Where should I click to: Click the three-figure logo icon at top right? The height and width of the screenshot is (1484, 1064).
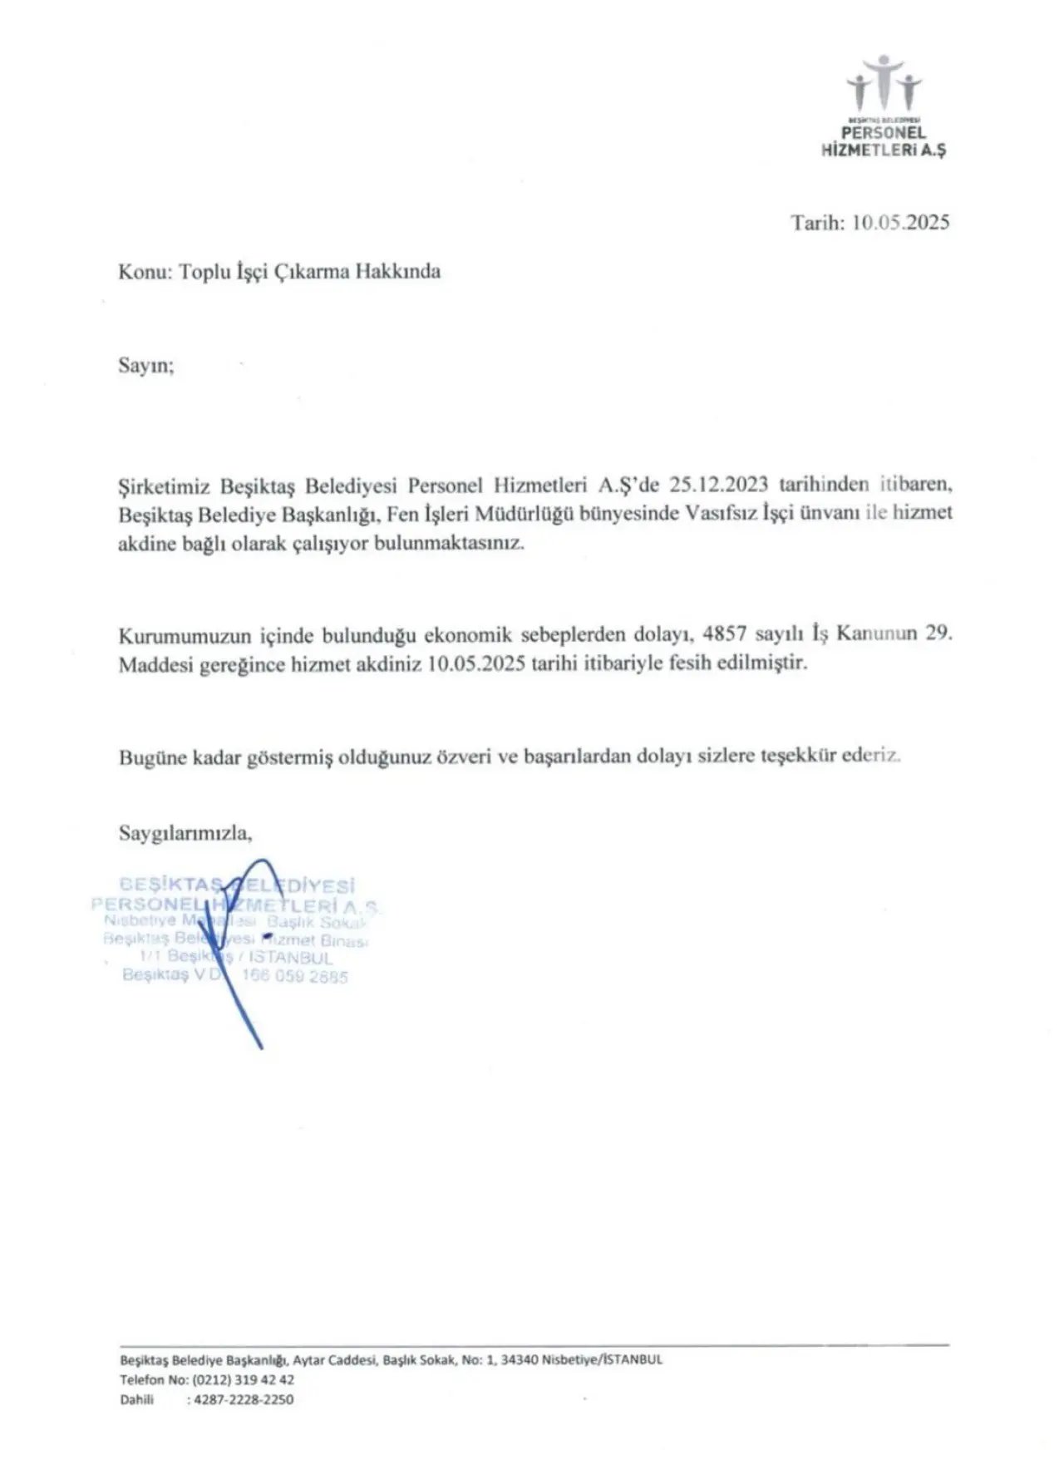[884, 81]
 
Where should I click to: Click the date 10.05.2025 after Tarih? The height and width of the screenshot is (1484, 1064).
[901, 223]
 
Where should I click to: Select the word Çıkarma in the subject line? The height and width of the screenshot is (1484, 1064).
[311, 272]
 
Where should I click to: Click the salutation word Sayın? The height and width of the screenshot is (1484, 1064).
[145, 367]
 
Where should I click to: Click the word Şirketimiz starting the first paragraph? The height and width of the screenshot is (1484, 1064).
[165, 486]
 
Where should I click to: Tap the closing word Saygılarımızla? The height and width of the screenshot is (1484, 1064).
[185, 832]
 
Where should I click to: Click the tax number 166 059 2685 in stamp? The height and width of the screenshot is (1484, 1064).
[294, 977]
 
